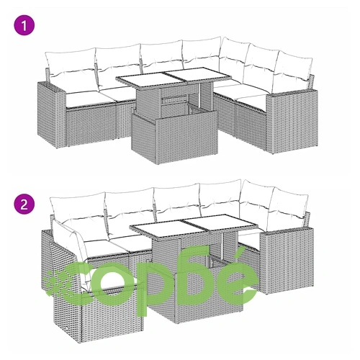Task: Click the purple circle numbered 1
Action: (x=24, y=25)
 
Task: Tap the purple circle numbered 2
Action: (x=24, y=204)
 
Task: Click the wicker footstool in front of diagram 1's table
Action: (x=175, y=135)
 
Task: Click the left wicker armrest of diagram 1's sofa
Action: (x=50, y=113)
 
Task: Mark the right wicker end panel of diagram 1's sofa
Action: (x=292, y=121)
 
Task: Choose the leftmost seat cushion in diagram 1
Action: (x=83, y=99)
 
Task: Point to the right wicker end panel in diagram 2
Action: (x=287, y=261)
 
